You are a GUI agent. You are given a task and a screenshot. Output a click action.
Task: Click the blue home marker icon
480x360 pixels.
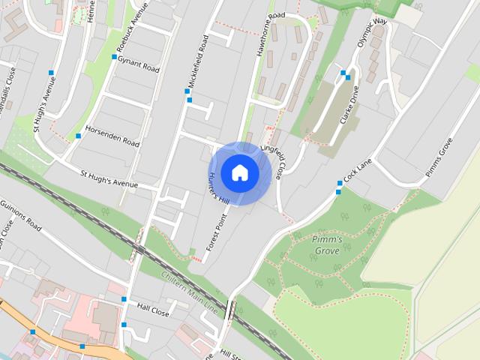[x=239, y=172]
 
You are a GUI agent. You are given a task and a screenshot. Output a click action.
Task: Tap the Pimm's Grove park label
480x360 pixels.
[x=327, y=244]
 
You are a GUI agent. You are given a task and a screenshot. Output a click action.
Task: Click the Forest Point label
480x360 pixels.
[x=217, y=235]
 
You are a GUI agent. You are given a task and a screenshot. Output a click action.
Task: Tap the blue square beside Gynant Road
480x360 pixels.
[x=114, y=57]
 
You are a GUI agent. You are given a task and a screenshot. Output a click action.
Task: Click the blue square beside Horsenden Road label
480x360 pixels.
[x=78, y=136]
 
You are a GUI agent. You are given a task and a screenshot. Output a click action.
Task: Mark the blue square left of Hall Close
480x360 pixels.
[x=124, y=299]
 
